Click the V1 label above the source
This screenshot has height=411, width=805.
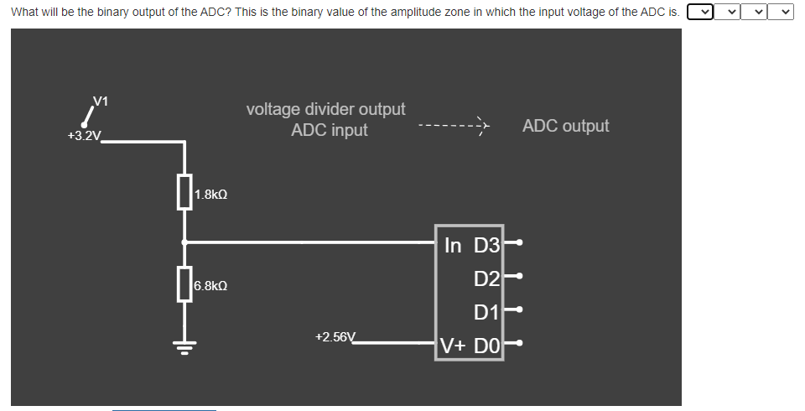click(x=101, y=101)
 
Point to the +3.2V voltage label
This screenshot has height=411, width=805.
click(x=84, y=136)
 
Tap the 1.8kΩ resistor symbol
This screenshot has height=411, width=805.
click(x=184, y=192)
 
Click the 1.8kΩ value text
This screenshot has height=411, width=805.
click(x=210, y=195)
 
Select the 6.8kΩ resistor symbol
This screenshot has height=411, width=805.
click(x=184, y=284)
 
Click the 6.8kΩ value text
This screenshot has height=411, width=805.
click(x=210, y=286)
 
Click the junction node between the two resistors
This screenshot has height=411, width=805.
click(x=184, y=242)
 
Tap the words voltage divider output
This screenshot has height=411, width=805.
click(x=325, y=109)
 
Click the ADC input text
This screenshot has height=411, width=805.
click(x=329, y=130)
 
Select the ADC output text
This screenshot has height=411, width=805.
click(x=565, y=126)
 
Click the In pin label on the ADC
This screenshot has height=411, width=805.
click(x=453, y=246)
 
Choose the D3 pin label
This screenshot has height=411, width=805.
click(x=486, y=246)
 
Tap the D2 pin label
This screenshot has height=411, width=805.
click(x=486, y=278)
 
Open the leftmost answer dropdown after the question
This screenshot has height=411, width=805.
click(x=699, y=12)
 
